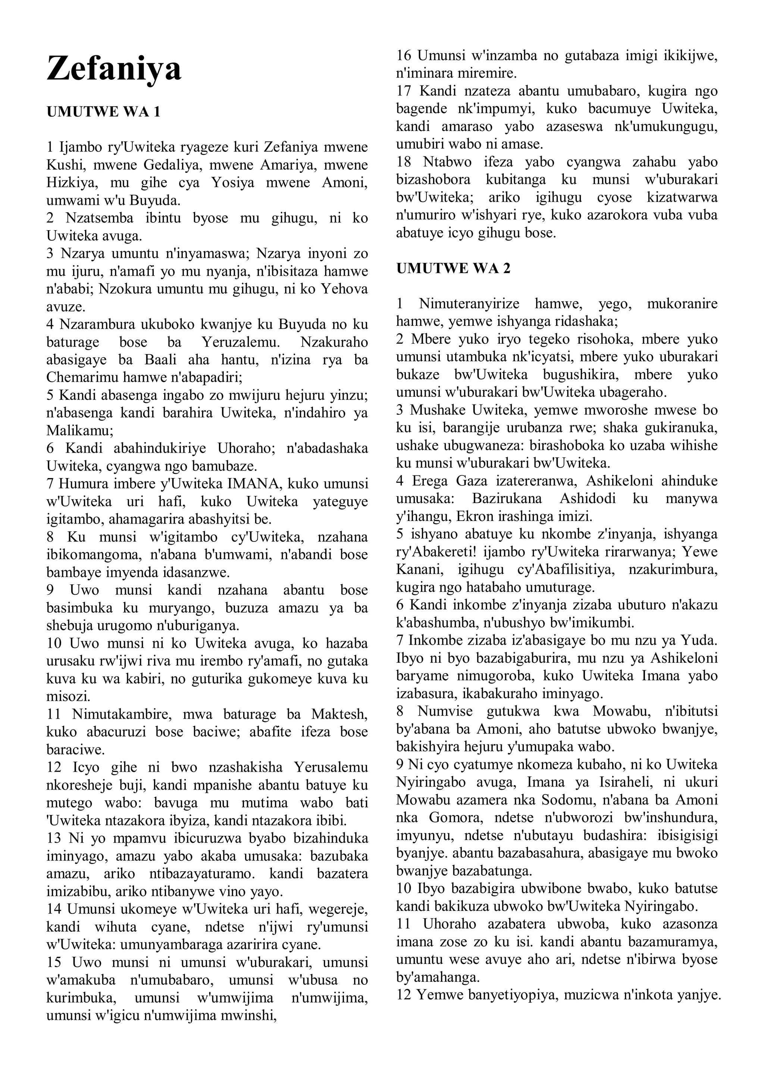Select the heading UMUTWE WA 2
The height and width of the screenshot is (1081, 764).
(x=453, y=268)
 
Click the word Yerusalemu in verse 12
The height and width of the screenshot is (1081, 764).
(x=331, y=768)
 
